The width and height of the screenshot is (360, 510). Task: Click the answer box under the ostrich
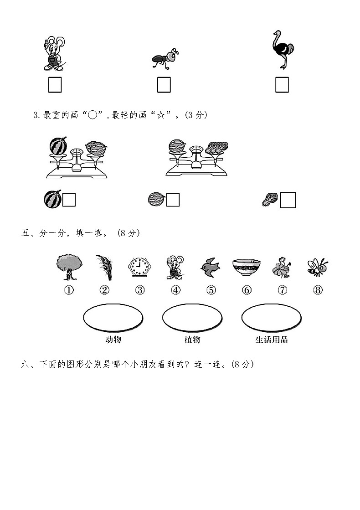[x=282, y=85]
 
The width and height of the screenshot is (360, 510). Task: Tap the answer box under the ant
[x=164, y=85]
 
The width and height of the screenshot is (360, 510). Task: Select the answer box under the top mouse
[x=55, y=85]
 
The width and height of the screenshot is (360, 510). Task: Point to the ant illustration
[x=164, y=60]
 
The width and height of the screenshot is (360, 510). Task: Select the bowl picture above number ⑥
[x=246, y=267]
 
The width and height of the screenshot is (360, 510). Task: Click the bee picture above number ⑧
[x=317, y=267]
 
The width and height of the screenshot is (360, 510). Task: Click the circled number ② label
[x=104, y=290]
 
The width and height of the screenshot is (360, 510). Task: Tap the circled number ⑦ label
[x=283, y=290]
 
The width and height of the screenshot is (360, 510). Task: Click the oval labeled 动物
[x=113, y=318]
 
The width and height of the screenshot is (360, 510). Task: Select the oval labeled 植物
[x=192, y=318]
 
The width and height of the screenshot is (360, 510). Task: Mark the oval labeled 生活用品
[x=271, y=318]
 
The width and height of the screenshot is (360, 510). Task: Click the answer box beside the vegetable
[x=288, y=200]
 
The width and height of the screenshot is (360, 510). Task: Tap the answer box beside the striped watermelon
[x=69, y=200]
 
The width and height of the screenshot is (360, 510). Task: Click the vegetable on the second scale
[x=216, y=147]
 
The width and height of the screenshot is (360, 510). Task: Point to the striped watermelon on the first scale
[x=58, y=146]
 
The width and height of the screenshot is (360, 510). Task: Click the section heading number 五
[x=26, y=233]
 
